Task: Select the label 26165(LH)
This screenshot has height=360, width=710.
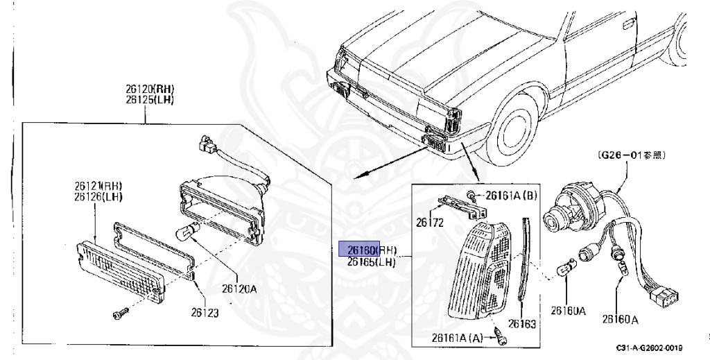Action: coord(372,262)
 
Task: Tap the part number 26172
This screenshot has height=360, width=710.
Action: coord(430,223)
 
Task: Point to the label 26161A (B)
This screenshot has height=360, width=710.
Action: coord(510,196)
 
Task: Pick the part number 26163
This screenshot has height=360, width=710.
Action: coord(522,323)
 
